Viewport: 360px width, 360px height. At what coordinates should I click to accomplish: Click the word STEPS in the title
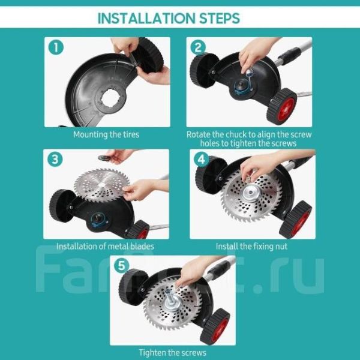coord(220,18)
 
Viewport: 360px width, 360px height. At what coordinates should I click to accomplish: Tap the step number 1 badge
coord(56,47)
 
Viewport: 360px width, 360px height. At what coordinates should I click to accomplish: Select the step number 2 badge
coord(198,47)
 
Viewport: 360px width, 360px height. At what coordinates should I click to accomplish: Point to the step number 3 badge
coord(55,159)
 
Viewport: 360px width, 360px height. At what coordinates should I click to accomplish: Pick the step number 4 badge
coord(201,159)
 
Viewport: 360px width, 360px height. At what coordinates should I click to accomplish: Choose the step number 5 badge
coord(121,266)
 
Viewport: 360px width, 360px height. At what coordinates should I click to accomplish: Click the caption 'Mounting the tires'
coord(106,134)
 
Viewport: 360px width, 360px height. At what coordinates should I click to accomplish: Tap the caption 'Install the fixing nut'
coord(251,247)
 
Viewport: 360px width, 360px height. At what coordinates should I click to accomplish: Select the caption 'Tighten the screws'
coord(173,353)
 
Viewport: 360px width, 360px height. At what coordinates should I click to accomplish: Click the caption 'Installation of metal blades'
coord(105,247)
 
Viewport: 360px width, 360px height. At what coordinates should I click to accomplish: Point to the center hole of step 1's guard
coord(110,98)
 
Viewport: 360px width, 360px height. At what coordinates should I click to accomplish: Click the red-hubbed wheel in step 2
coord(282,107)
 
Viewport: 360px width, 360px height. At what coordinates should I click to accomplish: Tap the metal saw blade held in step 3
coord(102,185)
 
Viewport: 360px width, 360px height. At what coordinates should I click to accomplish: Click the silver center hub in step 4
coord(251,193)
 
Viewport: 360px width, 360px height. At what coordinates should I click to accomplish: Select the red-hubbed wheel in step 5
coord(215,327)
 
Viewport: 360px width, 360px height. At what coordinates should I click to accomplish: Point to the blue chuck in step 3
coord(100,220)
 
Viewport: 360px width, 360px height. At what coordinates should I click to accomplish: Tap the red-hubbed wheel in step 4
coord(296,220)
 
